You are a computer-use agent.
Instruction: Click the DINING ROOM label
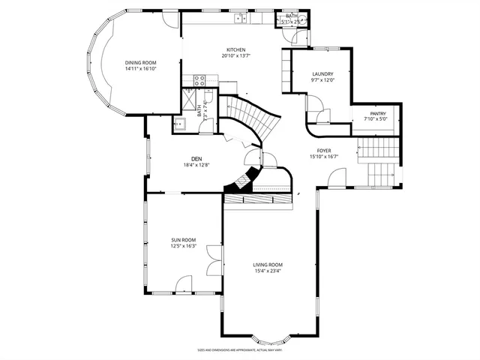140,62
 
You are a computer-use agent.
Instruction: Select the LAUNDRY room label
322,73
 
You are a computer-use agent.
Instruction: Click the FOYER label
323,150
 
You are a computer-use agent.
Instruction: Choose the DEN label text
196,158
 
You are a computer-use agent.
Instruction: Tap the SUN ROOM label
183,240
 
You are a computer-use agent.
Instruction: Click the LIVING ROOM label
267,265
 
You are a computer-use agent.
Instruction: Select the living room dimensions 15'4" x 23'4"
267,271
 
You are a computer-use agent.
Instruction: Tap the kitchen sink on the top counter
241,18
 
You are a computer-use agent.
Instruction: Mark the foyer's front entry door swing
337,178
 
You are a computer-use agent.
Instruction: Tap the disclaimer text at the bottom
240,349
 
